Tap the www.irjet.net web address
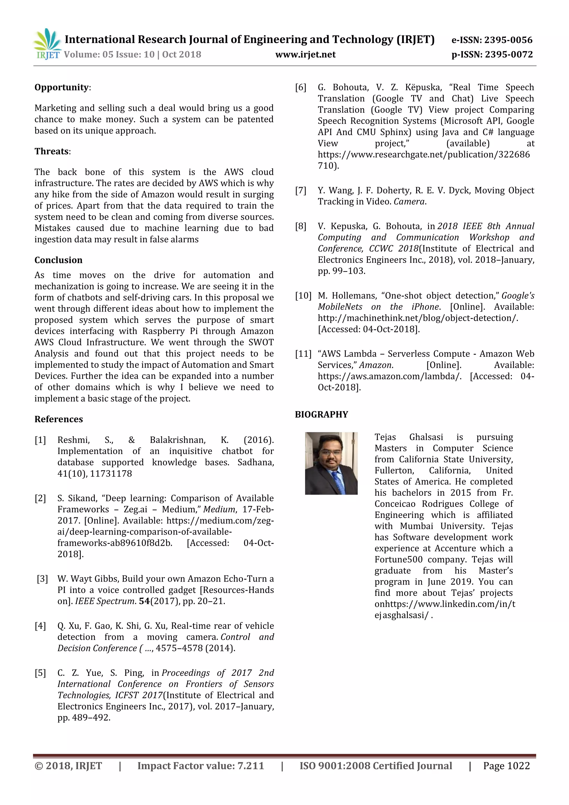click(305, 54)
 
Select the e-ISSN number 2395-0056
click(508, 40)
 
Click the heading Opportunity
click(62, 87)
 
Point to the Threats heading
click(51, 151)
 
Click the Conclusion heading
click(58, 260)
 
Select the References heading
click(59, 419)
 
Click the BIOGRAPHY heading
click(321, 414)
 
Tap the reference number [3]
click(43, 579)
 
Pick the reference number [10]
click(303, 296)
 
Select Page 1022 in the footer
click(506, 766)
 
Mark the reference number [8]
click(300, 226)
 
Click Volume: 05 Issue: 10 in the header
click(109, 55)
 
